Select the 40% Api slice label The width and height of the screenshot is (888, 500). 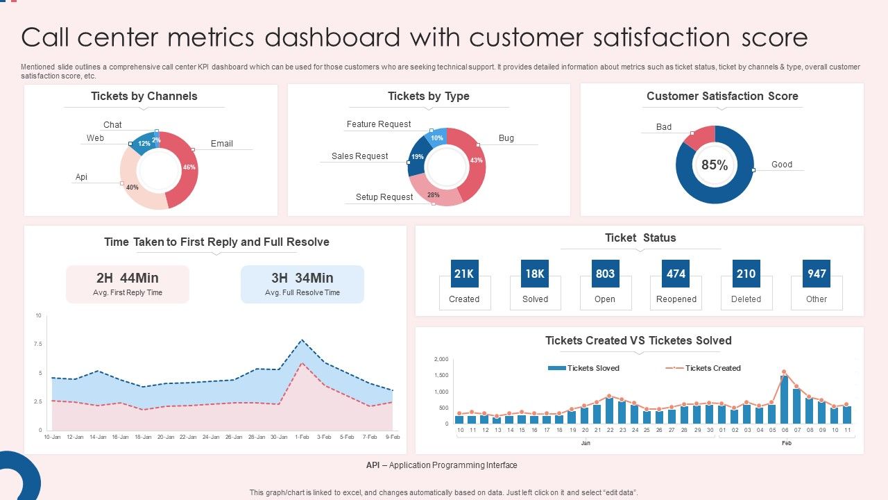tap(132, 187)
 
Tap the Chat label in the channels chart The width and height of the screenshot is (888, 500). tap(112, 125)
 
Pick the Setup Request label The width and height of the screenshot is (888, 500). tap(384, 197)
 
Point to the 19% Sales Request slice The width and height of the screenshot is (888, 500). tap(417, 157)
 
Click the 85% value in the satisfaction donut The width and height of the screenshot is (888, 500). tap(714, 165)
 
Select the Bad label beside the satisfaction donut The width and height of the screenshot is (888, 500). tap(664, 127)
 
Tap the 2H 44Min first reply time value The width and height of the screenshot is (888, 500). tap(128, 278)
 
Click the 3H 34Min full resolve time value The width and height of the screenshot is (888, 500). tap(302, 278)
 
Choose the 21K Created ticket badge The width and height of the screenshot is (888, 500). tap(464, 274)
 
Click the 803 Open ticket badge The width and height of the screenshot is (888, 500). tap(605, 274)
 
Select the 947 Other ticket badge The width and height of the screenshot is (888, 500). tap(817, 274)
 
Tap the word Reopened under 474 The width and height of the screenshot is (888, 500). tap(676, 299)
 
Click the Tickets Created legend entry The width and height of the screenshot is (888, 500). tap(712, 368)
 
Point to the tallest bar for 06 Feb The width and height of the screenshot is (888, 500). tap(784, 399)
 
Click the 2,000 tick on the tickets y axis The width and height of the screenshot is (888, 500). tap(441, 359)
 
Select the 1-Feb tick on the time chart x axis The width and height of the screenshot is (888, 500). tap(302, 437)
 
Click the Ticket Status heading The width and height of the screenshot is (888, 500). tap(640, 237)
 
